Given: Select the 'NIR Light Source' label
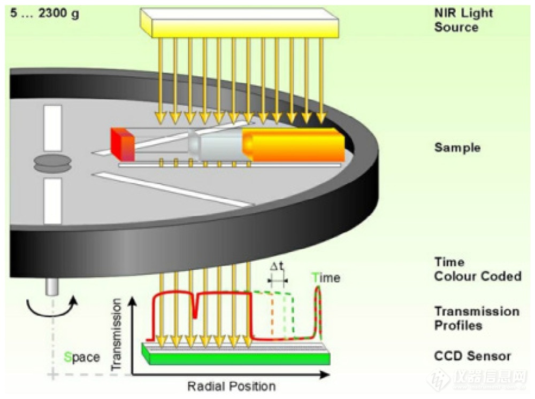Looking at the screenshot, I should coord(456,21).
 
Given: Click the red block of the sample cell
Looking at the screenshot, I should coord(122,145).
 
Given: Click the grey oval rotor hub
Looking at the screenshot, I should coord(52,163).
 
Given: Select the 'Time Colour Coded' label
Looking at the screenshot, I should coord(477,269).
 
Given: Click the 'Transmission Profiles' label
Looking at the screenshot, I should coord(477,318).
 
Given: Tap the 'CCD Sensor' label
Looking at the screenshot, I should coord(472,356).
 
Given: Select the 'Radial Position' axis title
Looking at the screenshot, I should coord(231,386).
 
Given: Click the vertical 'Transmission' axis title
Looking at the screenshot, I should coord(118,334).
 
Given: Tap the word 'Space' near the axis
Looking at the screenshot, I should coord(81,357).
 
